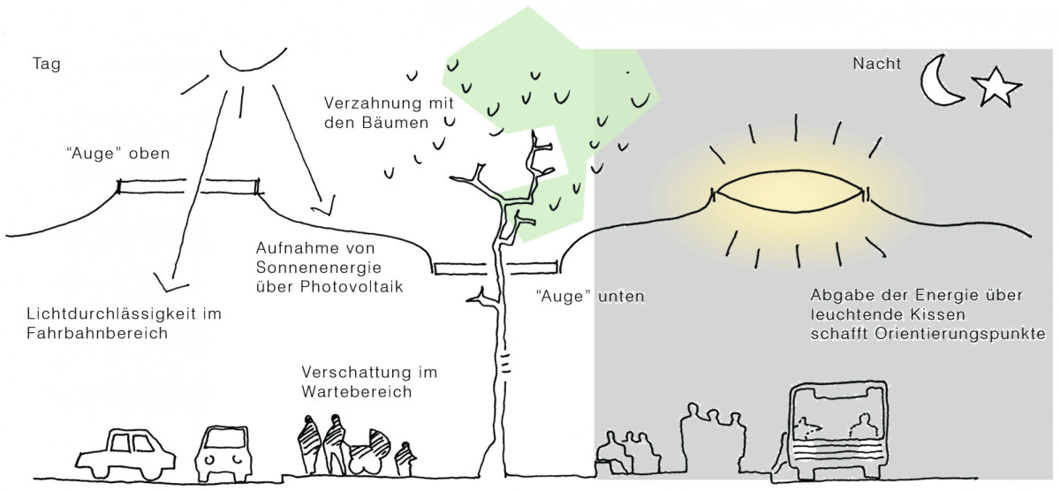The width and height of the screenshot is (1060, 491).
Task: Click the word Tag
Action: coord(46,64)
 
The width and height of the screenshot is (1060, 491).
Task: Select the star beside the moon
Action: coord(996,89)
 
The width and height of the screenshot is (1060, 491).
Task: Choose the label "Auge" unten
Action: coord(590,297)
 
